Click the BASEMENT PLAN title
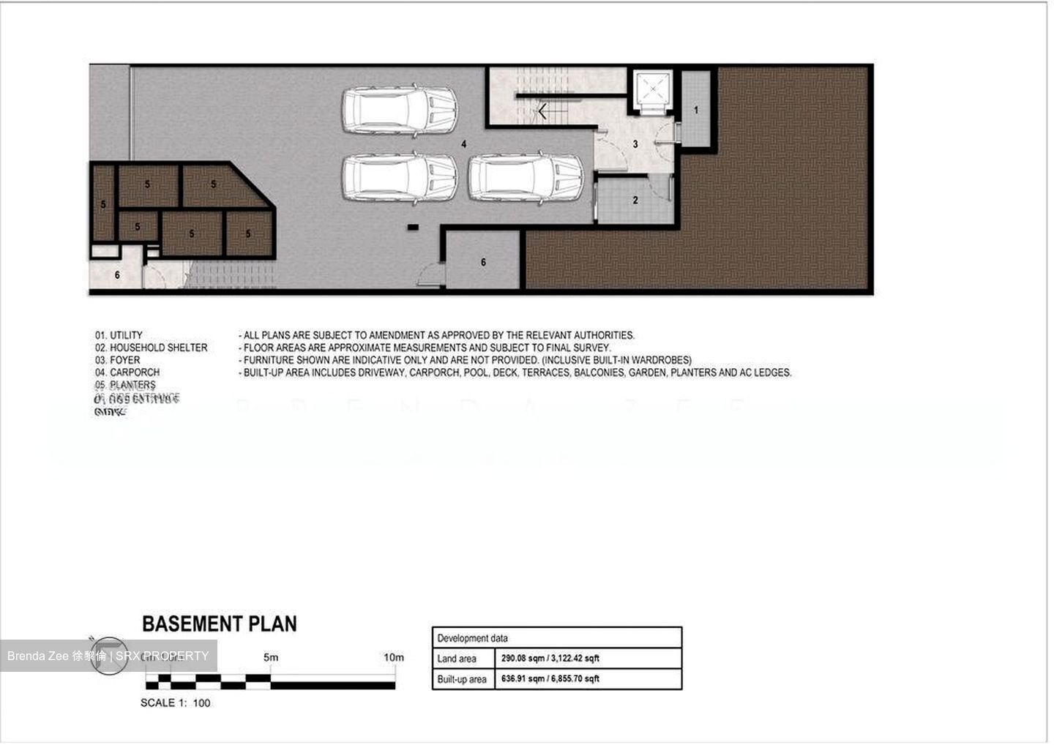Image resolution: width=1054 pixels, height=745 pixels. coord(219,624)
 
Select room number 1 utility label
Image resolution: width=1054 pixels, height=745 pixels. coord(696,111)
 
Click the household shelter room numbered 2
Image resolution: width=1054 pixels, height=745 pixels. coord(635,200)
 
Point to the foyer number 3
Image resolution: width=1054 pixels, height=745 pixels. coord(635,144)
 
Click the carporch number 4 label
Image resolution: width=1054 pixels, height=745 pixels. coord(464,144)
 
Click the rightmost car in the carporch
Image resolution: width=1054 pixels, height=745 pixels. coord(525,178)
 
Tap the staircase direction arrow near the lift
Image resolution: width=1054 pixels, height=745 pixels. coord(542,111)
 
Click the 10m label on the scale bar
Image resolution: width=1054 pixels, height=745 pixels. coord(393,657)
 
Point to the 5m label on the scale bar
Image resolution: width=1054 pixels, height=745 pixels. coord(271,657)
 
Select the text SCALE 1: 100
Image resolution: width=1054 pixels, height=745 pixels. coord(175,703)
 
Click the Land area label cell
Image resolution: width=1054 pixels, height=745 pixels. coord(457,659)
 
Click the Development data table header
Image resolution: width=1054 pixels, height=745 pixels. coord(472,638)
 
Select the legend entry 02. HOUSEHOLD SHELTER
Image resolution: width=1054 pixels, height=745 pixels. coord(151,348)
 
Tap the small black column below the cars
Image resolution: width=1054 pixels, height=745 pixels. coord(413,228)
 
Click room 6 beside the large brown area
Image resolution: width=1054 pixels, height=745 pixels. coord(483,262)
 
